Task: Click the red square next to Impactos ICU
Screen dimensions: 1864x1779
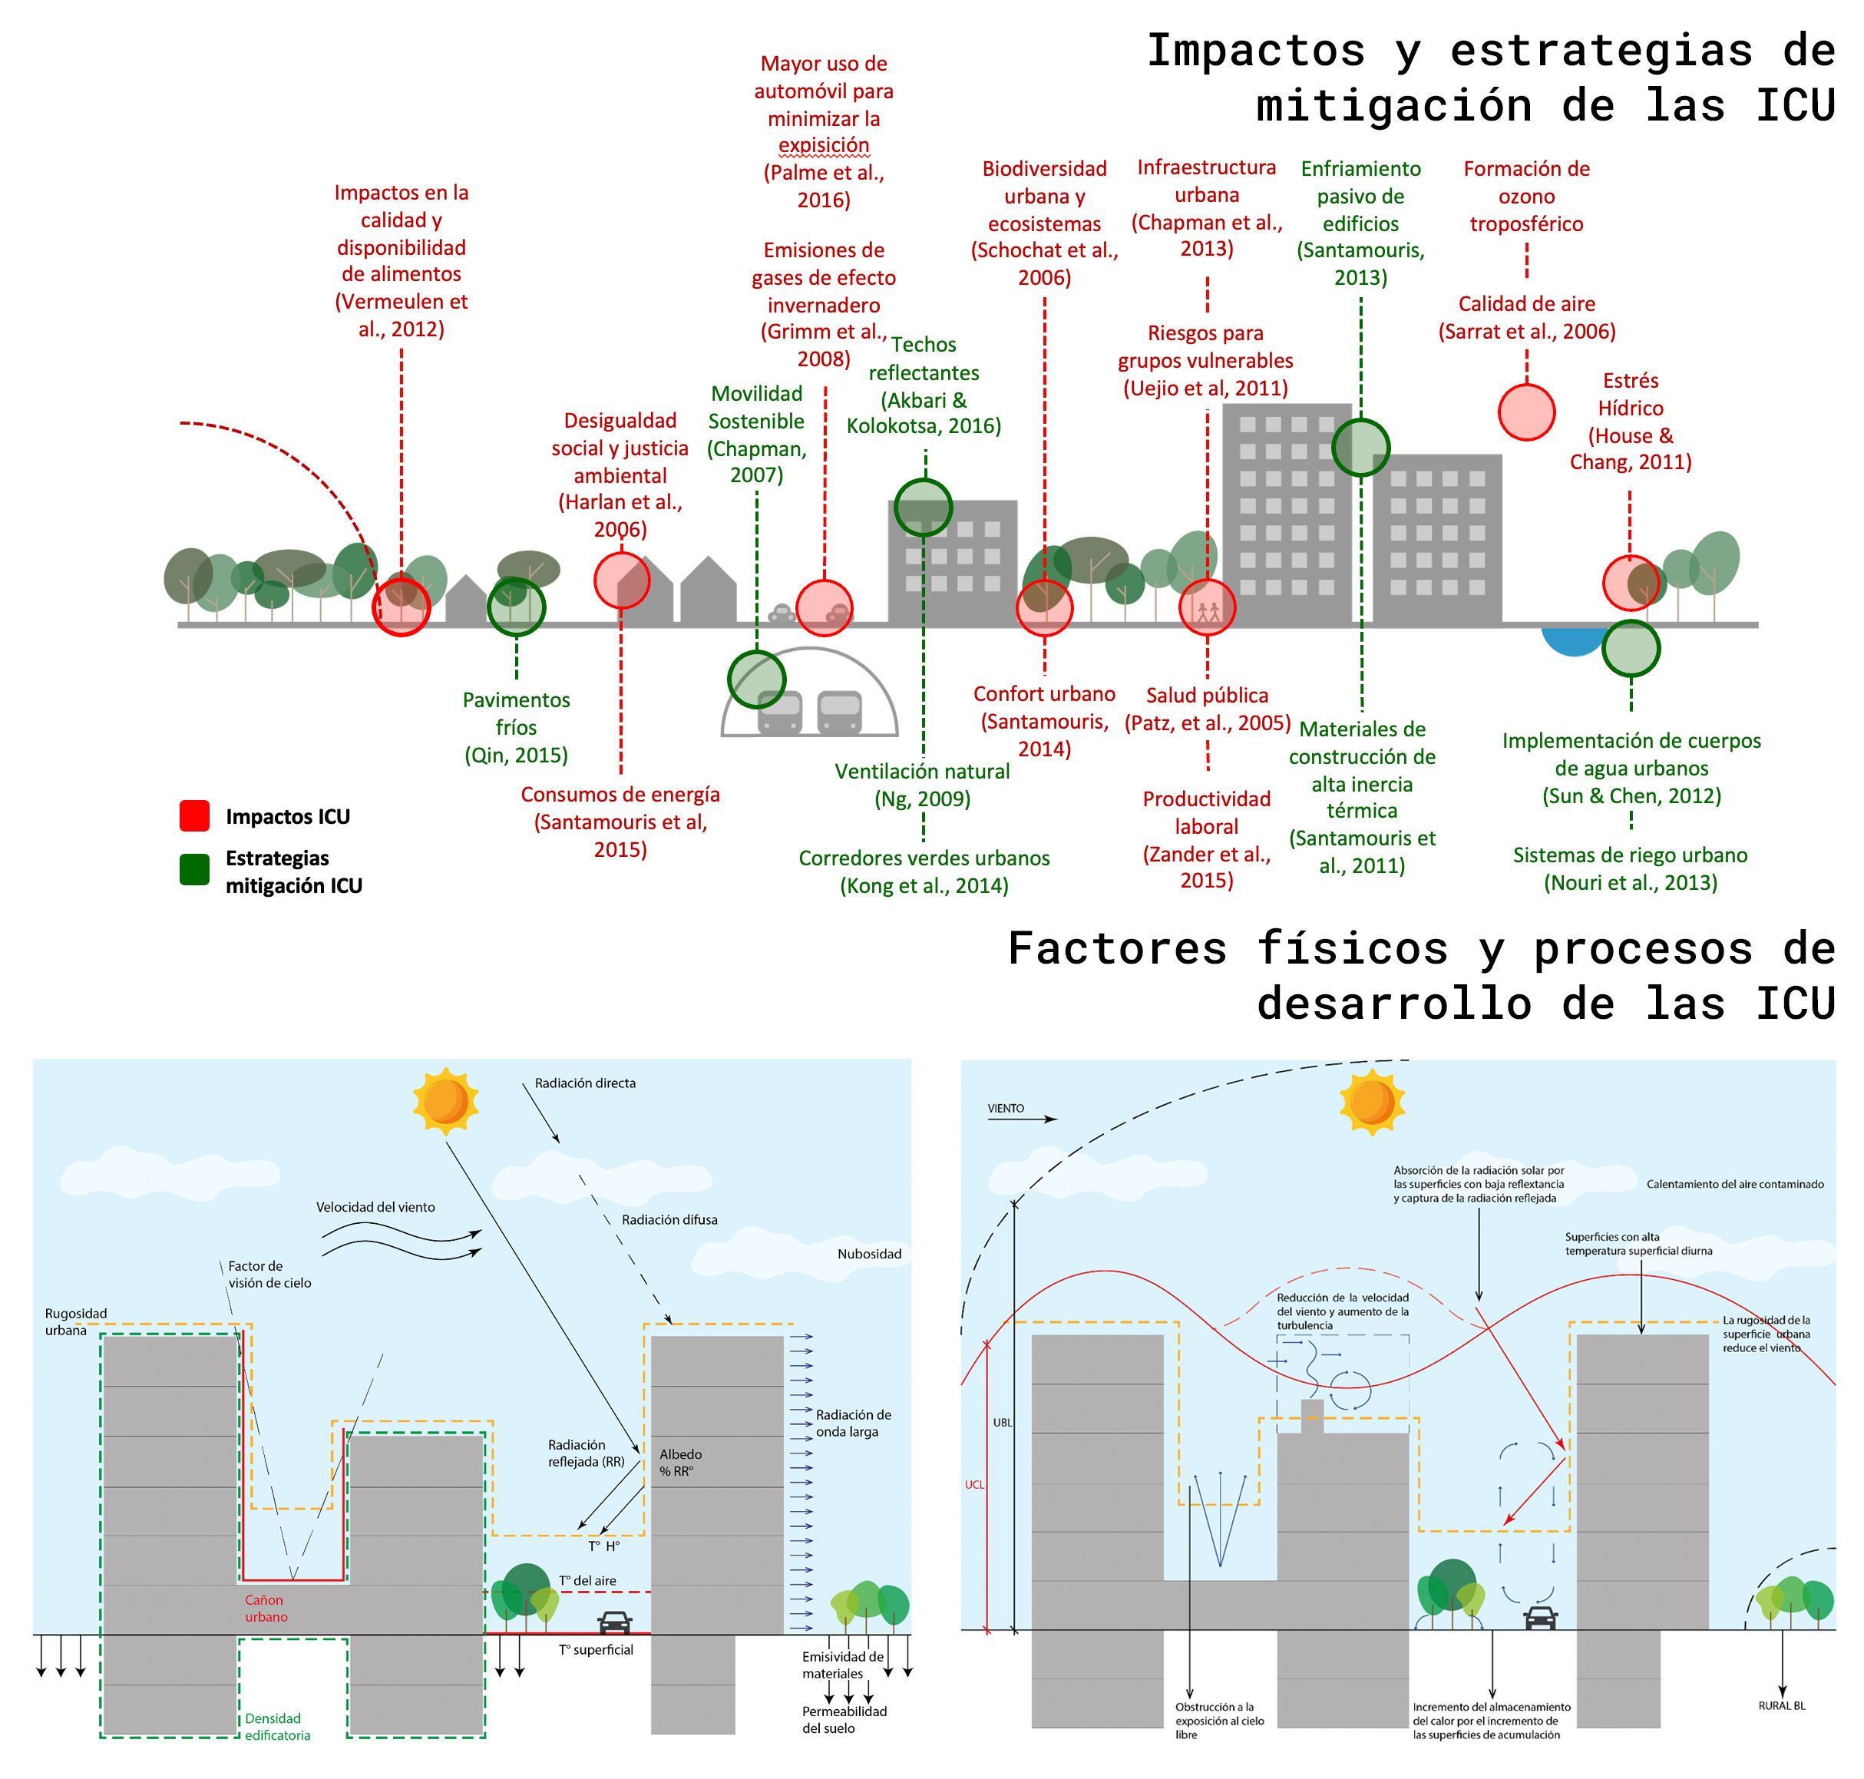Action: tap(194, 815)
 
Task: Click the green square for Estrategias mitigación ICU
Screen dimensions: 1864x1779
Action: tap(194, 868)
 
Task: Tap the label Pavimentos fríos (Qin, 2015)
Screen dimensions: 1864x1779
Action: tap(516, 727)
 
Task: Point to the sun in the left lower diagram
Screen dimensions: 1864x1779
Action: tap(445, 1100)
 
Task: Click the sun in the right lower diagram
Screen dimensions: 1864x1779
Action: tap(1372, 1101)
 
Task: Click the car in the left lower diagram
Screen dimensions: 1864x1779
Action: tap(616, 1622)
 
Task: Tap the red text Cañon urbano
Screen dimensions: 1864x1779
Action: tap(266, 1609)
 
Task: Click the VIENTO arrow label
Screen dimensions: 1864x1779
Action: tap(1006, 1108)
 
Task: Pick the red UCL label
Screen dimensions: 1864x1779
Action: tap(973, 1484)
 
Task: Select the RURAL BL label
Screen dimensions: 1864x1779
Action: tap(1782, 1705)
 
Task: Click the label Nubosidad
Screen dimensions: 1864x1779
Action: tap(869, 1254)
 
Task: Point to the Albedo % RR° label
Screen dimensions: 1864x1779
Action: tap(679, 1462)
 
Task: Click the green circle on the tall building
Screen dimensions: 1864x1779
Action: tap(1360, 448)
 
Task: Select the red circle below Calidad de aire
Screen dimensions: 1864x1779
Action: tap(1526, 412)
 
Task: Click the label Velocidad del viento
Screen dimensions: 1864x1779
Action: tap(375, 1207)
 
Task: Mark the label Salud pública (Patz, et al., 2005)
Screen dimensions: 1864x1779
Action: tap(1207, 709)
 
